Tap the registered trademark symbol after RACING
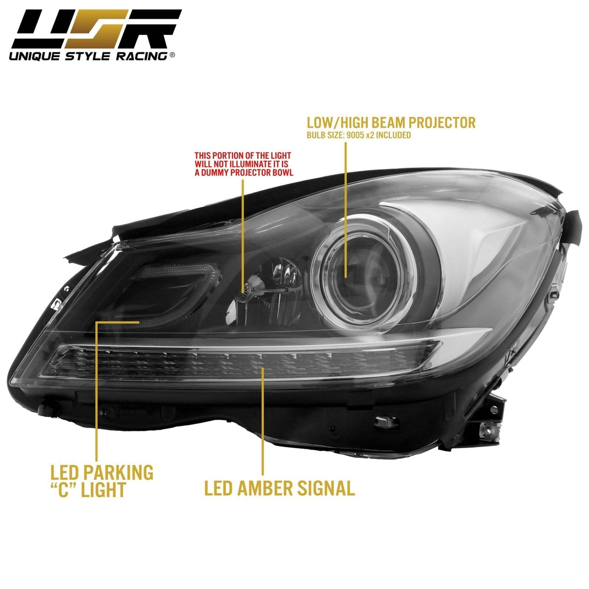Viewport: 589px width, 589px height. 172,55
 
